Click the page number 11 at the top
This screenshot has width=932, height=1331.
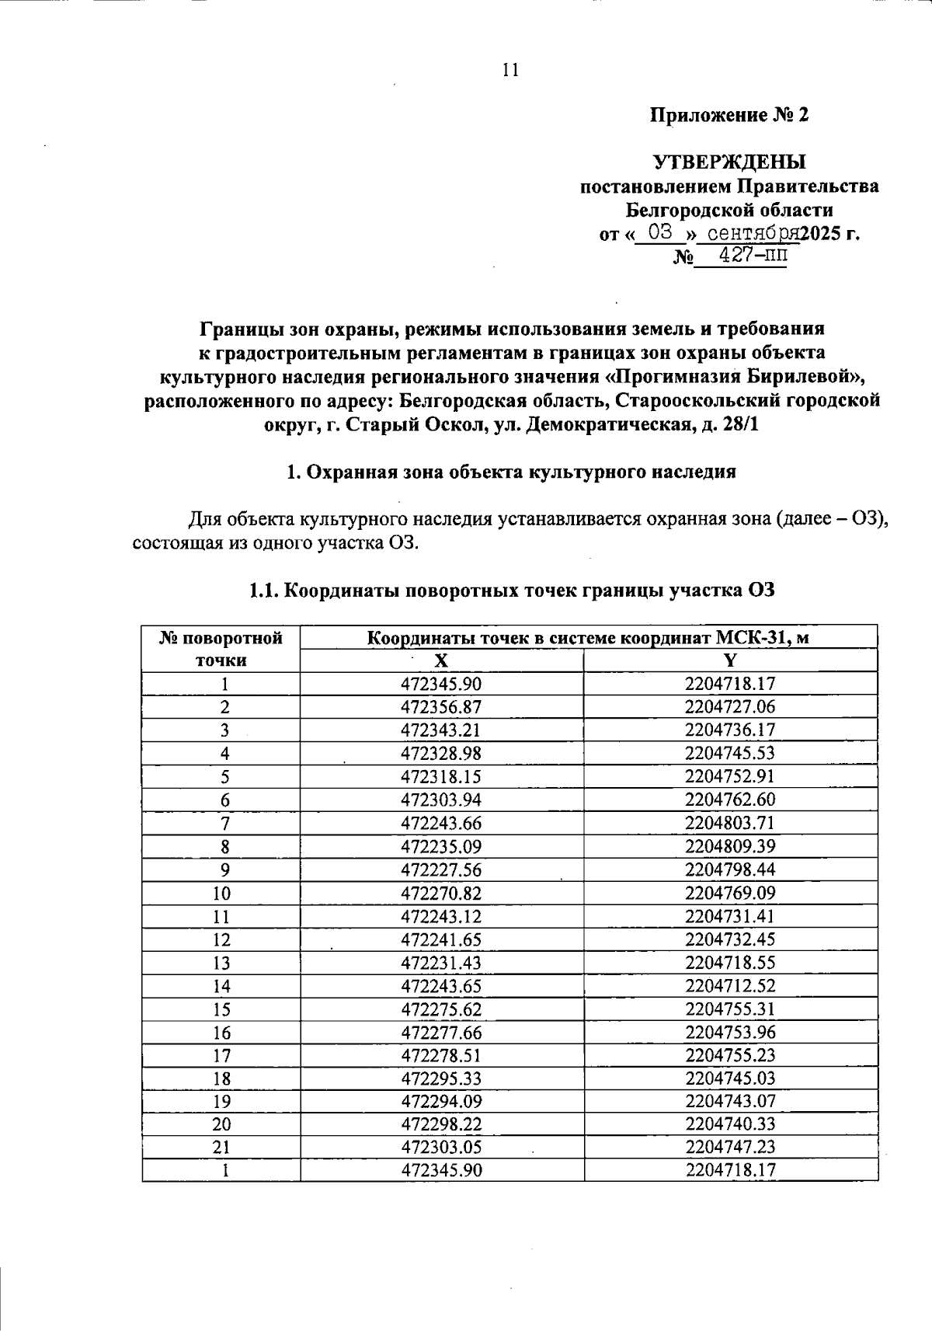click(510, 71)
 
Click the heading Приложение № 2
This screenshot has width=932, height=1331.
click(729, 116)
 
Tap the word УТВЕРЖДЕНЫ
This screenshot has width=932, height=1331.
click(729, 162)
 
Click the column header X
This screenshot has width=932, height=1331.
click(440, 660)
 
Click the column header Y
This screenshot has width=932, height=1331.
click(730, 660)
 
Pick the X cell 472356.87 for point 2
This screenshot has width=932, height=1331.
click(441, 707)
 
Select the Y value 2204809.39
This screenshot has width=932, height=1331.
click(730, 846)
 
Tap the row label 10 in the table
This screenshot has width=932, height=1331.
click(221, 893)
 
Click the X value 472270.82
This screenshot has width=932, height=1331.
click(441, 893)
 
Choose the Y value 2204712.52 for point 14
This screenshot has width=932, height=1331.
click(730, 986)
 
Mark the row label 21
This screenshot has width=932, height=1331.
click(221, 1147)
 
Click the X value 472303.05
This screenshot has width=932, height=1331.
click(441, 1147)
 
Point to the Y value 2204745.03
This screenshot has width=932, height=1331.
click(730, 1078)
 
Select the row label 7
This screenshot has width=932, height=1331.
click(224, 823)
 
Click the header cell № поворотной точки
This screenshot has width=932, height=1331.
click(221, 650)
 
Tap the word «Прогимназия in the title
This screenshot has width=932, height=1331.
click(667, 377)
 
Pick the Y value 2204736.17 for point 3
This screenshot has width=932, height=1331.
click(730, 730)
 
